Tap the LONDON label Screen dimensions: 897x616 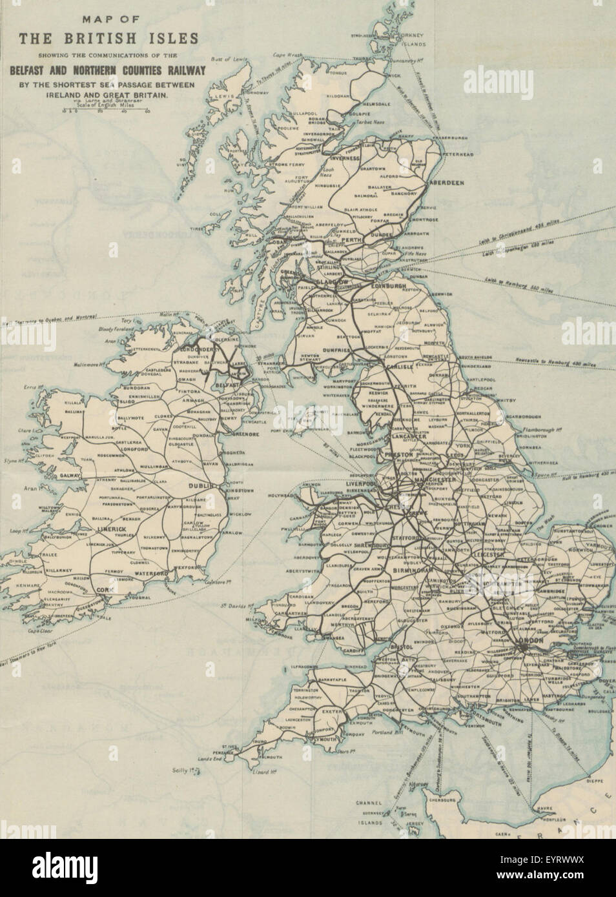tap(532, 641)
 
